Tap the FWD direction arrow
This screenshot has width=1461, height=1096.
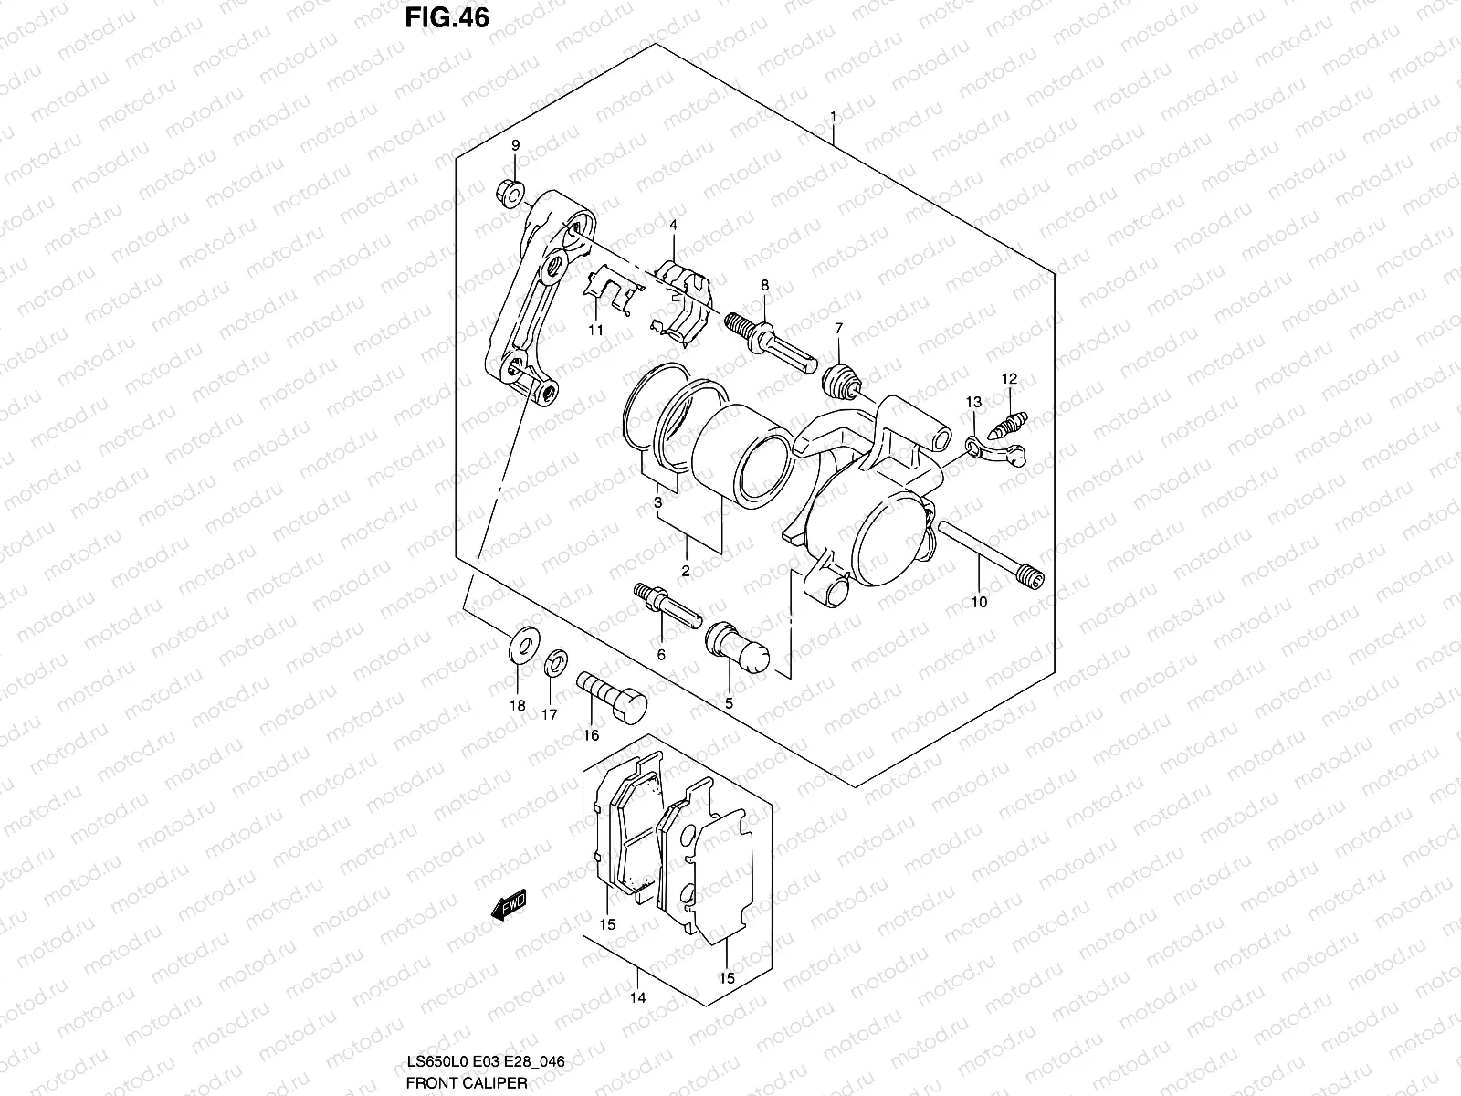[509, 905]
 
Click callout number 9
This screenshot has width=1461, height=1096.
[515, 146]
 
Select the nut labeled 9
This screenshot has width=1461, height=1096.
[511, 195]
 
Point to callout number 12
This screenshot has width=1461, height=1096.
[1009, 378]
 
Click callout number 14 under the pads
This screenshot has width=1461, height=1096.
[637, 997]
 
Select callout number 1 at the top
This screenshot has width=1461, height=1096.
[833, 116]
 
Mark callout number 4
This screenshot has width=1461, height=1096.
[673, 225]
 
